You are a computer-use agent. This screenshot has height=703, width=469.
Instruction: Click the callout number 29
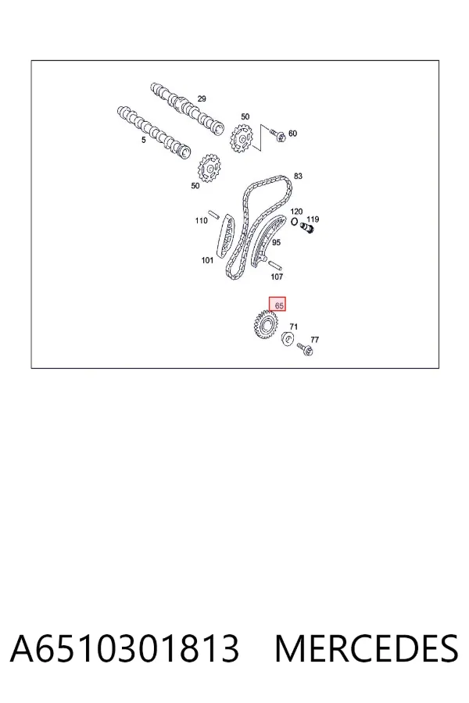coord(202,98)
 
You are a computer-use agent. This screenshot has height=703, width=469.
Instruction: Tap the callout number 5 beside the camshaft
coord(144,140)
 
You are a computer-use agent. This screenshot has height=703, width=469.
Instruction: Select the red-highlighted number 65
coord(279,305)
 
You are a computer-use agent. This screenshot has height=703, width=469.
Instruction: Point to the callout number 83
coord(298,177)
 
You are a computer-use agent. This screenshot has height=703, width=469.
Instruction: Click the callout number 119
coord(313,219)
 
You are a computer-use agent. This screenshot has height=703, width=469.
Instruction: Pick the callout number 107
coord(277,277)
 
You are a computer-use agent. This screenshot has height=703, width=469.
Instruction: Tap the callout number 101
coord(207,260)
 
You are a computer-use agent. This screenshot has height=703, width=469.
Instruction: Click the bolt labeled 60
coord(277,134)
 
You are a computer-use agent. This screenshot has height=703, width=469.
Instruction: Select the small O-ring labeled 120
coord(295,222)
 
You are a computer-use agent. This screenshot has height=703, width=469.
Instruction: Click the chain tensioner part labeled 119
coord(307,228)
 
